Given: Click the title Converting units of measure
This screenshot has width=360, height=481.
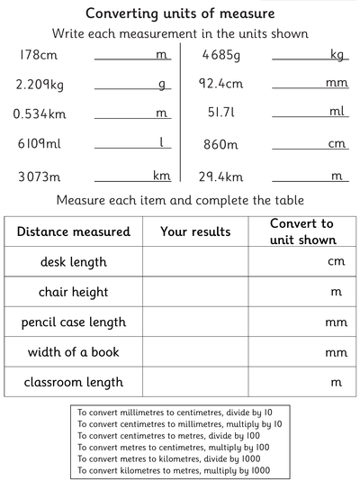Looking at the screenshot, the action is (x=180, y=14).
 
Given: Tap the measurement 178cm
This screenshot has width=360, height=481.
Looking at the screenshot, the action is (x=36, y=55).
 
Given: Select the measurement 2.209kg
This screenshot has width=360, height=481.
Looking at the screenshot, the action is (x=40, y=85).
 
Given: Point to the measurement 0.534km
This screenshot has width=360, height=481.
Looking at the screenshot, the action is (x=40, y=114).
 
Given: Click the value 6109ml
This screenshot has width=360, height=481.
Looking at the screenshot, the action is (x=39, y=144).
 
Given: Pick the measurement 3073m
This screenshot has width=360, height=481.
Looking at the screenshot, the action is (x=37, y=176).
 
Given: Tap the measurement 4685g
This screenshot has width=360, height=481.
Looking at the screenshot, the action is (x=221, y=55).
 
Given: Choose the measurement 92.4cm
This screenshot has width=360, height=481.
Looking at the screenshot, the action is (x=221, y=85).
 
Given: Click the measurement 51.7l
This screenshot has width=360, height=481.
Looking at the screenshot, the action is (x=221, y=114).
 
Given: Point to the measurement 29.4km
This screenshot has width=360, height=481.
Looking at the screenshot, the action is (x=221, y=176).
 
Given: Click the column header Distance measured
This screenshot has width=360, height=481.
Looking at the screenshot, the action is (x=73, y=231).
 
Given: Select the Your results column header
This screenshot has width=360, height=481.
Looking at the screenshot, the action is (x=195, y=231).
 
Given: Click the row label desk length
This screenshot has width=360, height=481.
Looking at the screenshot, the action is (x=73, y=262).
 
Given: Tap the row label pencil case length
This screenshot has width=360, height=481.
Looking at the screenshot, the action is (x=73, y=322).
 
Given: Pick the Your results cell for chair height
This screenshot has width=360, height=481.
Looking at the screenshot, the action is (x=195, y=292).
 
